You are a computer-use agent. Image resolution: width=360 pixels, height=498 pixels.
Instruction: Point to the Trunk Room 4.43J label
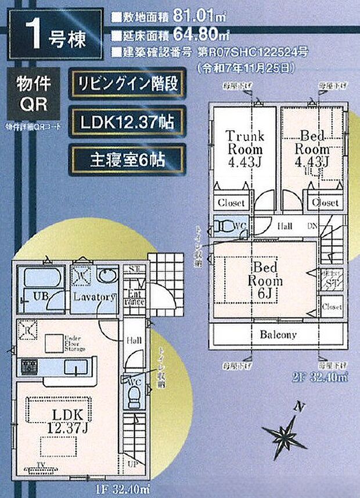[x=244, y=149]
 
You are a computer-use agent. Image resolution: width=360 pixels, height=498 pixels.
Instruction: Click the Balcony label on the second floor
[x=278, y=335]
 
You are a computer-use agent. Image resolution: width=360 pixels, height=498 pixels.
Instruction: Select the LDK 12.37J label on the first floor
[x=69, y=421]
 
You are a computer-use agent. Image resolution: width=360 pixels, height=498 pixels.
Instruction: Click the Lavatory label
[x=95, y=297]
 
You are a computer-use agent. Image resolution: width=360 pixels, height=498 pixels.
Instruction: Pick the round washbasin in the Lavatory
[x=107, y=276]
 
